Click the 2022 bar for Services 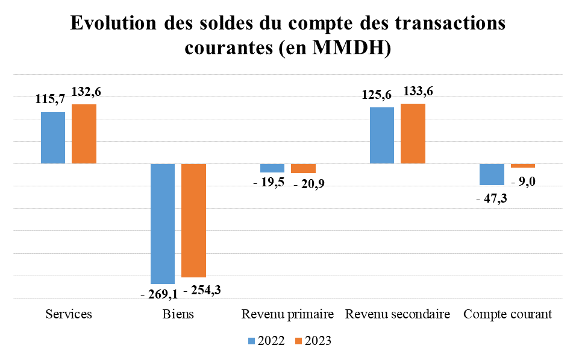pyautogui.click(x=53, y=137)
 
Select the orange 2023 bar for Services pyautogui.click(x=84, y=134)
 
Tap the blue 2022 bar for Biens pyautogui.click(x=163, y=223)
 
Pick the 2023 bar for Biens pyautogui.click(x=193, y=220)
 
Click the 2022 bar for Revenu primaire pyautogui.click(x=272, y=168)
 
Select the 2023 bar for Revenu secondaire pyautogui.click(x=413, y=133)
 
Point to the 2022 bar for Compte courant pyautogui.click(x=492, y=174)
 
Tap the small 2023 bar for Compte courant pyautogui.click(x=522, y=166)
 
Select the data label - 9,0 pyautogui.click(x=523, y=181)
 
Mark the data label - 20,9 pyautogui.click(x=309, y=185)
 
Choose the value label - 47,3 pyautogui.click(x=492, y=198)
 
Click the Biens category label pyautogui.click(x=178, y=315)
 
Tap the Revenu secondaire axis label pyautogui.click(x=397, y=315)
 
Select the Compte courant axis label pyautogui.click(x=507, y=315)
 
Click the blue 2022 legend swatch pyautogui.click(x=252, y=341)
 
